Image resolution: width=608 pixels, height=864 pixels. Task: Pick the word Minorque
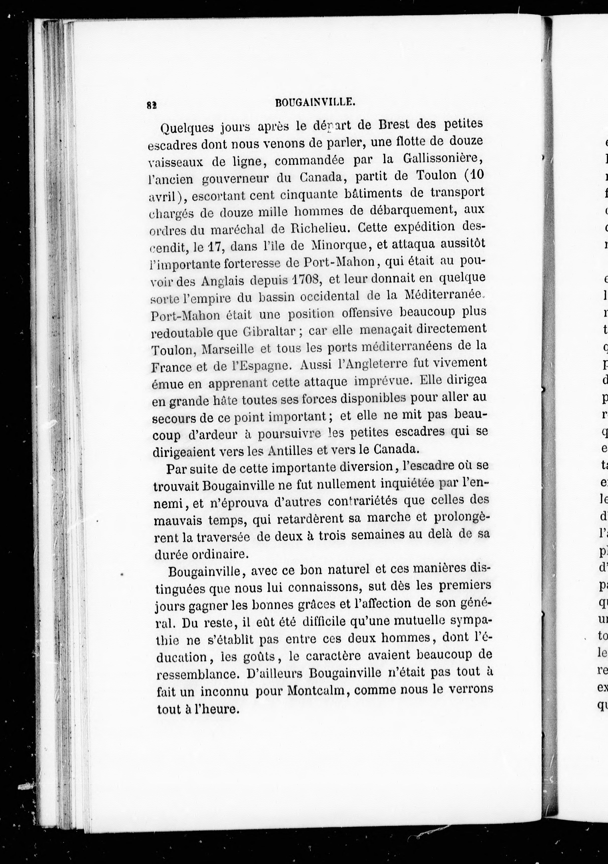coord(339,246)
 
